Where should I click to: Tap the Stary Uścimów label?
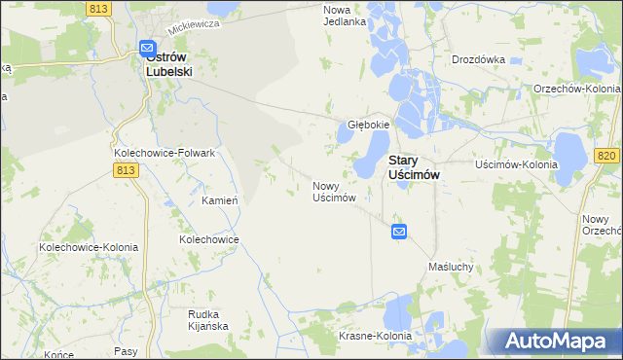pyautogui.click(x=415, y=165)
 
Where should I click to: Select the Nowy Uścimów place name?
pyautogui.click(x=333, y=191)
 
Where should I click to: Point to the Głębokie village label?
pyautogui.click(x=369, y=125)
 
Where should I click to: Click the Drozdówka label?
pyautogui.click(x=478, y=58)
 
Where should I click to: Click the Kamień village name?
pyautogui.click(x=220, y=200)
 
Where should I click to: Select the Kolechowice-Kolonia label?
pyautogui.click(x=89, y=247)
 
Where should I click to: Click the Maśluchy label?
pyautogui.click(x=451, y=266)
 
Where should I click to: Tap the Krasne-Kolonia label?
pyautogui.click(x=376, y=335)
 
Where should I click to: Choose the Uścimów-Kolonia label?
pyautogui.click(x=516, y=164)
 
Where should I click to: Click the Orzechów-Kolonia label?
pyautogui.click(x=577, y=89)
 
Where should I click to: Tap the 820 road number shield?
pyautogui.click(x=606, y=156)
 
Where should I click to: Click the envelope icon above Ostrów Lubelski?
pyautogui.click(x=147, y=48)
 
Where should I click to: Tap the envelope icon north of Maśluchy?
pyautogui.click(x=399, y=231)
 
